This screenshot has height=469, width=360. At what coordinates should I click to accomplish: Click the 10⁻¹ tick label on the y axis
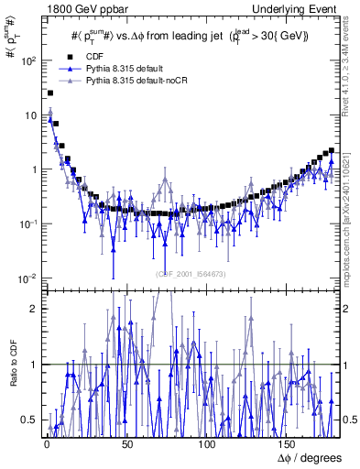(26, 224)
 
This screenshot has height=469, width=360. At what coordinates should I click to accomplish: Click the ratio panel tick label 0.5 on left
(29, 420)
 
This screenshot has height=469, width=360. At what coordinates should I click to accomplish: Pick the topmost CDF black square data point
(49, 93)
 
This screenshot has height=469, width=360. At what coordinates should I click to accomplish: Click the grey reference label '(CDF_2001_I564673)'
(192, 272)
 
